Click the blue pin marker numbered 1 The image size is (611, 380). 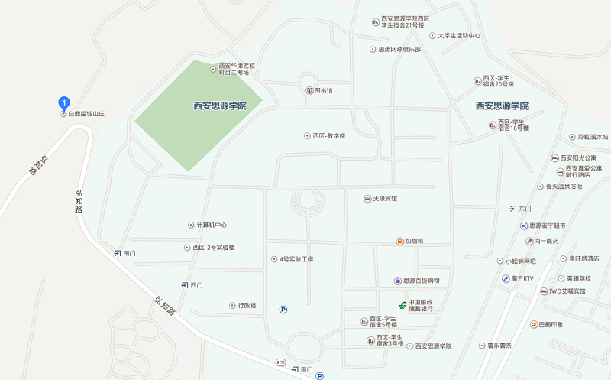point(64,102)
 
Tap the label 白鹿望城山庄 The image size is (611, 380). point(86,114)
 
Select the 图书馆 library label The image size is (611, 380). point(324,90)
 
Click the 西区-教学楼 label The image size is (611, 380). point(328,136)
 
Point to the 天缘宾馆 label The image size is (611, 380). point(384,199)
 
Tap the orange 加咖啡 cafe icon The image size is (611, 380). point(399,241)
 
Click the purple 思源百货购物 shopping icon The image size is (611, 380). point(398,281)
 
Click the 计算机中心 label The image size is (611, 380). point(212,225)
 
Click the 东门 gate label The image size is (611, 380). point(524,208)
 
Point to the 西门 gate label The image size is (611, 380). point(196,285)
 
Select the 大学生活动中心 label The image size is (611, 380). point(459,36)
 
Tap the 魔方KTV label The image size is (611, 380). point(522,278)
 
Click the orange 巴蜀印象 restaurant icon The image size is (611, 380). point(534,325)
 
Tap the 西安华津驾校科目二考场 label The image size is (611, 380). point(237,70)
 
